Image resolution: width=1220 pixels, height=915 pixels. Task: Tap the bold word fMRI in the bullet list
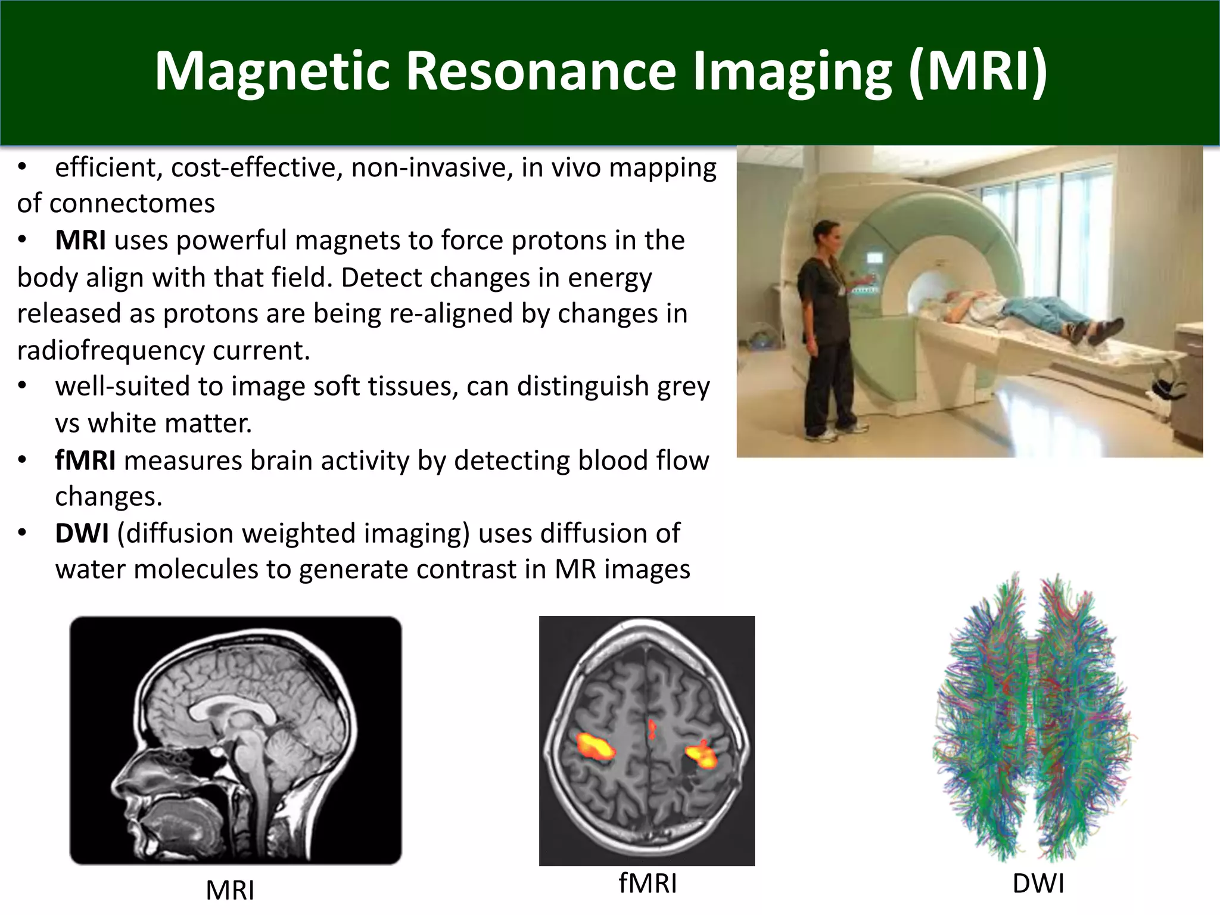pos(85,461)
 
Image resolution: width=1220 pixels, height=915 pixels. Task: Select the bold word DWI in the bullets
pos(82,533)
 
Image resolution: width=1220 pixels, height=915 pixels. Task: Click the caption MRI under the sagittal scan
pos(230,891)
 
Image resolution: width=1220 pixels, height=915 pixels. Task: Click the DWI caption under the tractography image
pos(1038,883)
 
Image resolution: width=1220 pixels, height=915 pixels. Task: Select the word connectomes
pos(132,204)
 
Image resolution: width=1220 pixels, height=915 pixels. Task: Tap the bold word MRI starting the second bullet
pos(80,241)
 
